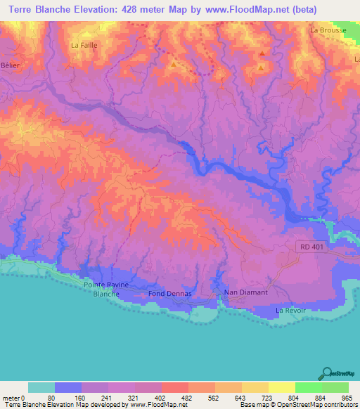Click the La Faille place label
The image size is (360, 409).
84,44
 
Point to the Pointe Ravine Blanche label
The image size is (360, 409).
108,290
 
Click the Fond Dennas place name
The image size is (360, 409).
166,294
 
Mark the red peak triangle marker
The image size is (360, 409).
262,53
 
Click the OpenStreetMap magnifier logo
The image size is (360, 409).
326,373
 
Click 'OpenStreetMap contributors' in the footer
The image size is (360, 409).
317,404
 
